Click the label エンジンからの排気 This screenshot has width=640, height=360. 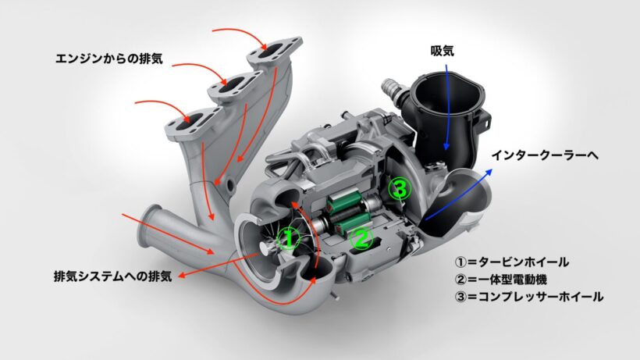(109, 59)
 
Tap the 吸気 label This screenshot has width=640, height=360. (442, 52)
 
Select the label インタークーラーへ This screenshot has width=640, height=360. (545, 155)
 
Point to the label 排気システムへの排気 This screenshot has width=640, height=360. (112, 276)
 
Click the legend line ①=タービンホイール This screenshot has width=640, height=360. (512, 262)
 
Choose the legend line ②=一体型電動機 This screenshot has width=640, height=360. (501, 280)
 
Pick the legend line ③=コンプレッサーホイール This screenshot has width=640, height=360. (529, 297)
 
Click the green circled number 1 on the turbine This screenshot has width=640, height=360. (288, 239)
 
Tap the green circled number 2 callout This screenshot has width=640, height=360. (361, 238)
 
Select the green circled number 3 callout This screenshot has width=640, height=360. (399, 188)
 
